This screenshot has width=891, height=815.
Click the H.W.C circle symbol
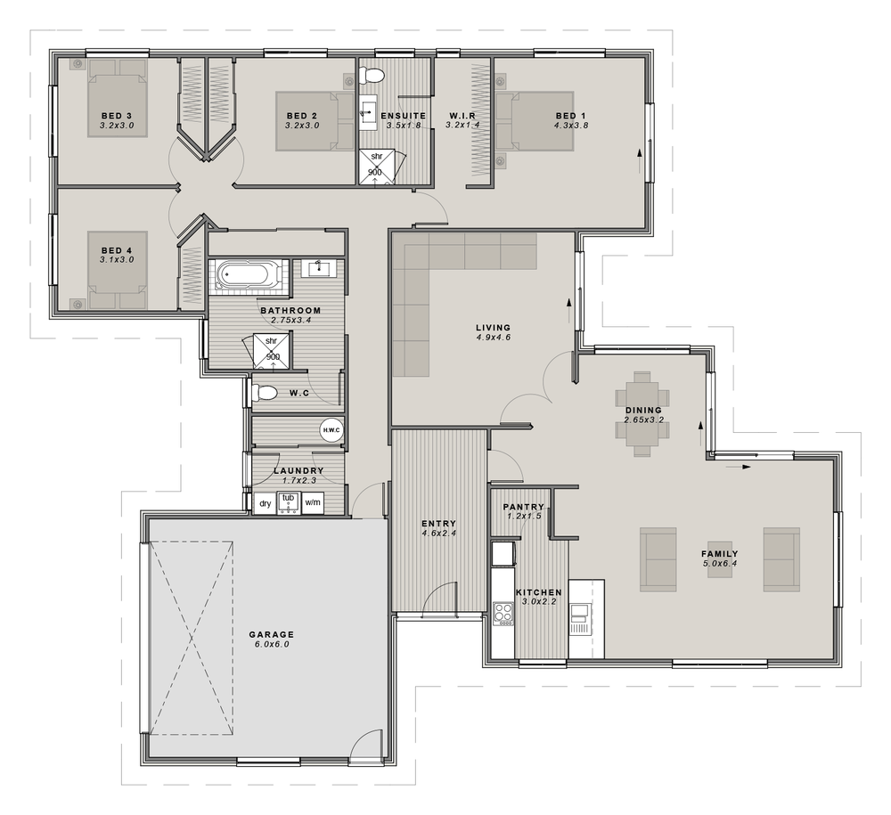pyautogui.click(x=331, y=430)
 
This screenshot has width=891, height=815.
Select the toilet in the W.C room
pyautogui.click(x=268, y=392)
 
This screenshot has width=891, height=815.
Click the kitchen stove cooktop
pyautogui.click(x=503, y=614)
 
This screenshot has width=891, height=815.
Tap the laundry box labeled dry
pyautogui.click(x=265, y=503)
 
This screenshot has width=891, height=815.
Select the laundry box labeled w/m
pyautogui.click(x=313, y=503)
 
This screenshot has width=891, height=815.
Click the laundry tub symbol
pyautogui.click(x=288, y=503)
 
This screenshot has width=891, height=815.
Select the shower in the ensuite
pyautogui.click(x=377, y=167)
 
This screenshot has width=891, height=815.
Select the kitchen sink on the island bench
pyautogui.click(x=580, y=614)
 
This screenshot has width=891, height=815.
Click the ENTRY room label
pyautogui.click(x=438, y=524)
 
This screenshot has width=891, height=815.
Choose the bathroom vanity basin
pyautogui.click(x=318, y=267)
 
